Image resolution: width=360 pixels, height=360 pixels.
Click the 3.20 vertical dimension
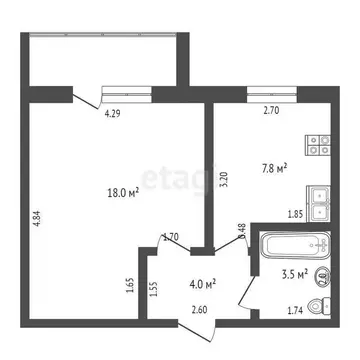pyautogui.click(x=225, y=181)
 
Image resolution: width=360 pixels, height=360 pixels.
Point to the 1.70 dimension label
pyautogui.click(x=172, y=238)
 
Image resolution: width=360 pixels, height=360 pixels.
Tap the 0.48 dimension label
pyautogui.click(x=242, y=231)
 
